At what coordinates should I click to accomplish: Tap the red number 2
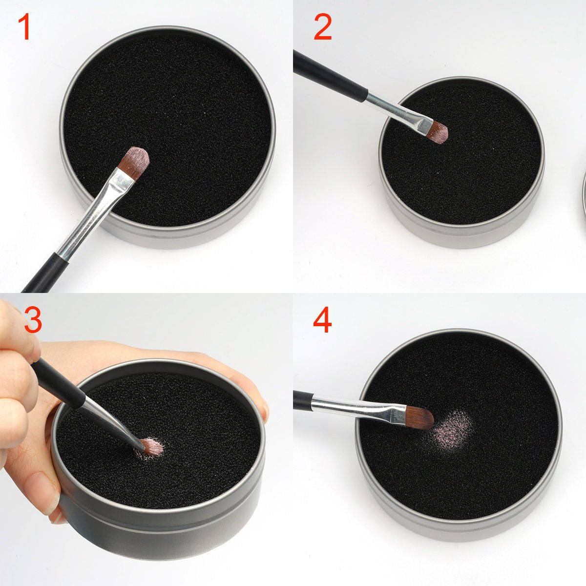click(323, 27)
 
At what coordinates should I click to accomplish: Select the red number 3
click(33, 319)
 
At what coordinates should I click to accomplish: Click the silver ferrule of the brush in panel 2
click(396, 108)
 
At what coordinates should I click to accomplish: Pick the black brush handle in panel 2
click(327, 73)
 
